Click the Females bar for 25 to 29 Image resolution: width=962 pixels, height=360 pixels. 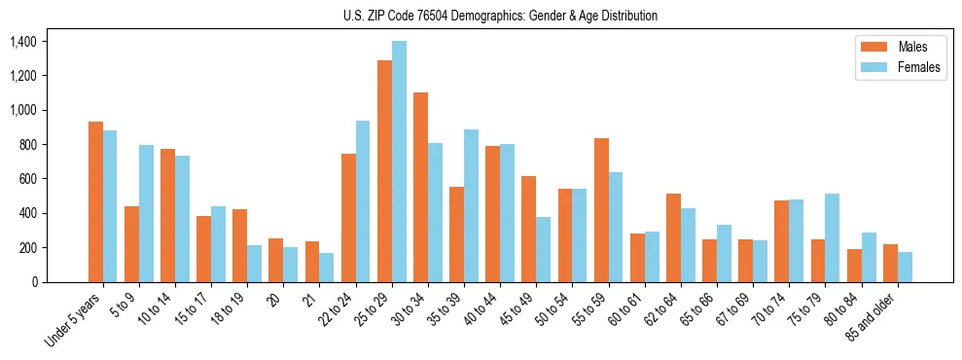point(400,162)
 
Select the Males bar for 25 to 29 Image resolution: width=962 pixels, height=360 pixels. point(385,171)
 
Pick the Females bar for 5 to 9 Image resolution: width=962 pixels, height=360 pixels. point(146,213)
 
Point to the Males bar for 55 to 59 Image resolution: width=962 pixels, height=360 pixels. point(602,210)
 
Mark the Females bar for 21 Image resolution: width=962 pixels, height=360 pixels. point(327,268)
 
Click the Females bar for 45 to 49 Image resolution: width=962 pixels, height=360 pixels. point(544,249)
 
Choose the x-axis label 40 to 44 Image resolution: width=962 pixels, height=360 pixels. point(483,311)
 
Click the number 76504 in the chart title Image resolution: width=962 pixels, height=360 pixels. point(449,16)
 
